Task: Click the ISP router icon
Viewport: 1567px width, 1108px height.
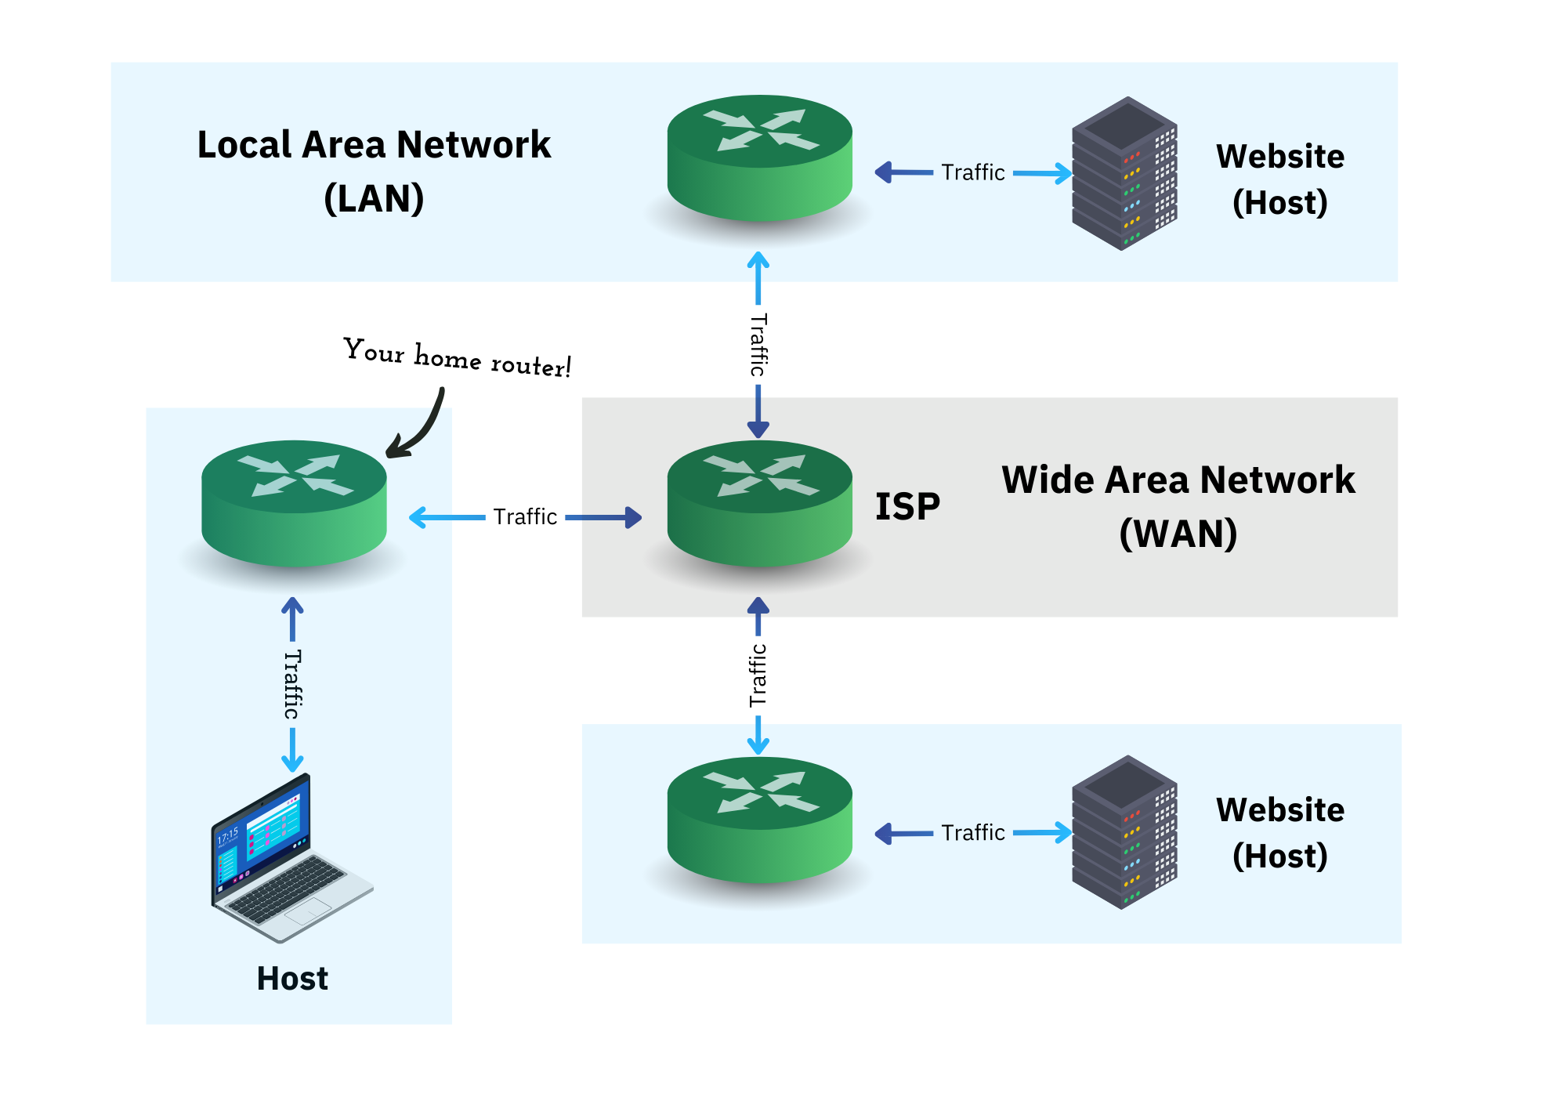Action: [x=759, y=503]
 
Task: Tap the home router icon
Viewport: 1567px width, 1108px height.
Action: [x=294, y=503]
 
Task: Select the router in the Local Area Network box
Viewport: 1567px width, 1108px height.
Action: [x=759, y=158]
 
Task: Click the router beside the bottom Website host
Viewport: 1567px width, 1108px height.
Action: [x=759, y=820]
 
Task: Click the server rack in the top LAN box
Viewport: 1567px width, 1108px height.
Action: [x=1124, y=173]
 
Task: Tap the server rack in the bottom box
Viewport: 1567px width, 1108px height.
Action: [x=1124, y=831]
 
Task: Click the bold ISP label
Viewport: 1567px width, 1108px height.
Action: [x=907, y=506]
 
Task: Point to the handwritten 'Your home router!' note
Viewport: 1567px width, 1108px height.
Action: [x=458, y=358]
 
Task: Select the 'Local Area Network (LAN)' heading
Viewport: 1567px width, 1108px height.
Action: [x=374, y=171]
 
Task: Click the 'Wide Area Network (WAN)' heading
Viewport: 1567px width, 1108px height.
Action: [x=1178, y=506]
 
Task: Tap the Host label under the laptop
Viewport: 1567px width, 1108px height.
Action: [x=292, y=979]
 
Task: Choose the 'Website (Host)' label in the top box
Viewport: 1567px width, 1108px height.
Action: [x=1280, y=179]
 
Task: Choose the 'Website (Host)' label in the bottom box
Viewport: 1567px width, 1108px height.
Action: [x=1280, y=832]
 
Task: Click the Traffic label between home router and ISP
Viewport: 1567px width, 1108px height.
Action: [x=525, y=517]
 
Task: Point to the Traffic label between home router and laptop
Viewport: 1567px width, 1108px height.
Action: [x=292, y=684]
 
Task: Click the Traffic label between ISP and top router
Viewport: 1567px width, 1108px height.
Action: [x=758, y=345]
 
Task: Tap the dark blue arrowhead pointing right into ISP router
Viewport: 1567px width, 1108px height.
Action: [x=634, y=517]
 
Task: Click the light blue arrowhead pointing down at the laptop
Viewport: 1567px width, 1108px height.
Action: [x=292, y=762]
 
